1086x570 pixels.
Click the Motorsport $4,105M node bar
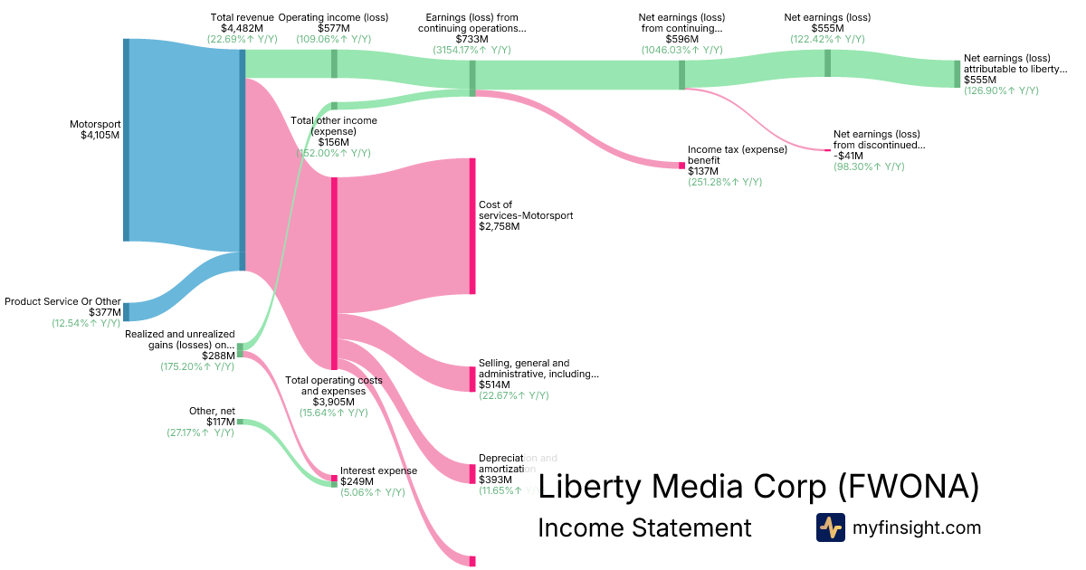126,140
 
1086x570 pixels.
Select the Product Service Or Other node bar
126,311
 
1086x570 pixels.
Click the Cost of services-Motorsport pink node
472,225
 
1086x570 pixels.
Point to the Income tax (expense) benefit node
681,166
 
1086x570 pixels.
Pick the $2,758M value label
499,226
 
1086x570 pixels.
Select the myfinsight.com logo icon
830,527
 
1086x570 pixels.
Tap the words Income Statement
644,527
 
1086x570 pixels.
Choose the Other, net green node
240,422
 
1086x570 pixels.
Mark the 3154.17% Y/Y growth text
472,50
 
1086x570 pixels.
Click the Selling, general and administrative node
472,379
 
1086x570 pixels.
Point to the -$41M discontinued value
850,155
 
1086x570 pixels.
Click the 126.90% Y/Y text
1001,90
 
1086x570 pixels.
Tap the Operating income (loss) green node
334,63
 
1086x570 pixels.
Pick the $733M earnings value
472,39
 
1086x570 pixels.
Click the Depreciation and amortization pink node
472,473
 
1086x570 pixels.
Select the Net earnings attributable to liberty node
957,74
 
